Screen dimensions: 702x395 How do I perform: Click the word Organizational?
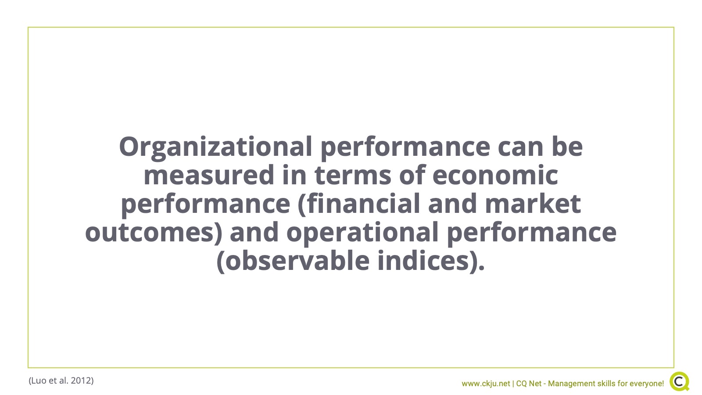coord(215,147)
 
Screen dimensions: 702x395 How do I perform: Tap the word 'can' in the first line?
coord(520,147)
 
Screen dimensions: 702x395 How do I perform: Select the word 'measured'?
coord(209,175)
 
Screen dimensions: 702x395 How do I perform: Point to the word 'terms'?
coord(353,176)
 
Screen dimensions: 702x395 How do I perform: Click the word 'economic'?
coord(495,175)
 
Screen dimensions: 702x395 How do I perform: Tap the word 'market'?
coord(533,204)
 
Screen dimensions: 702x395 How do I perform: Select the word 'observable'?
coord(297,261)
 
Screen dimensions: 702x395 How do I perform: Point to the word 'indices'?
coord(423,261)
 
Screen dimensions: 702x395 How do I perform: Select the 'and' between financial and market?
coord(452,204)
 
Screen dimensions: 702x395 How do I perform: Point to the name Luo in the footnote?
coord(39,381)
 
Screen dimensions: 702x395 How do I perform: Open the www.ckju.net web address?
coord(486,384)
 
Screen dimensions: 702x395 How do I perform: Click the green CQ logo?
coord(680,381)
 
